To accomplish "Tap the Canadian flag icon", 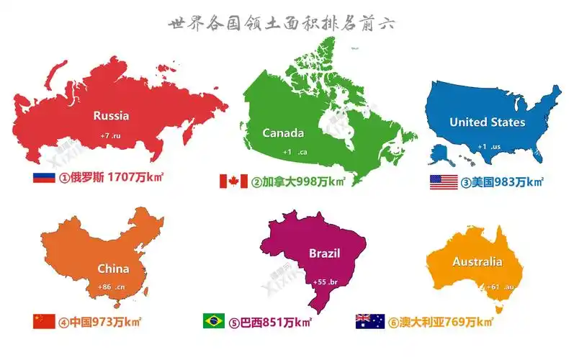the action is [x=233, y=181].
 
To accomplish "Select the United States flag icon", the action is [x=444, y=181].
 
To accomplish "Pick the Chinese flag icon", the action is [x=44, y=321].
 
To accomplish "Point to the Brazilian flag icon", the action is [x=213, y=321].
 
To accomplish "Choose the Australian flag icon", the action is [x=369, y=321].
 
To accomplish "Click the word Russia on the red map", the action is [x=112, y=115].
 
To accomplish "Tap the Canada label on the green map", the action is [x=283, y=132].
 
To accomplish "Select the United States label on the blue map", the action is [x=487, y=122].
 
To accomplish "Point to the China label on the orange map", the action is [x=114, y=269].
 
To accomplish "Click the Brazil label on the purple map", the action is [x=324, y=253].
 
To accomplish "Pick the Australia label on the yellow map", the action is [x=477, y=262].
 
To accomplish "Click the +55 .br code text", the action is [x=325, y=282].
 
